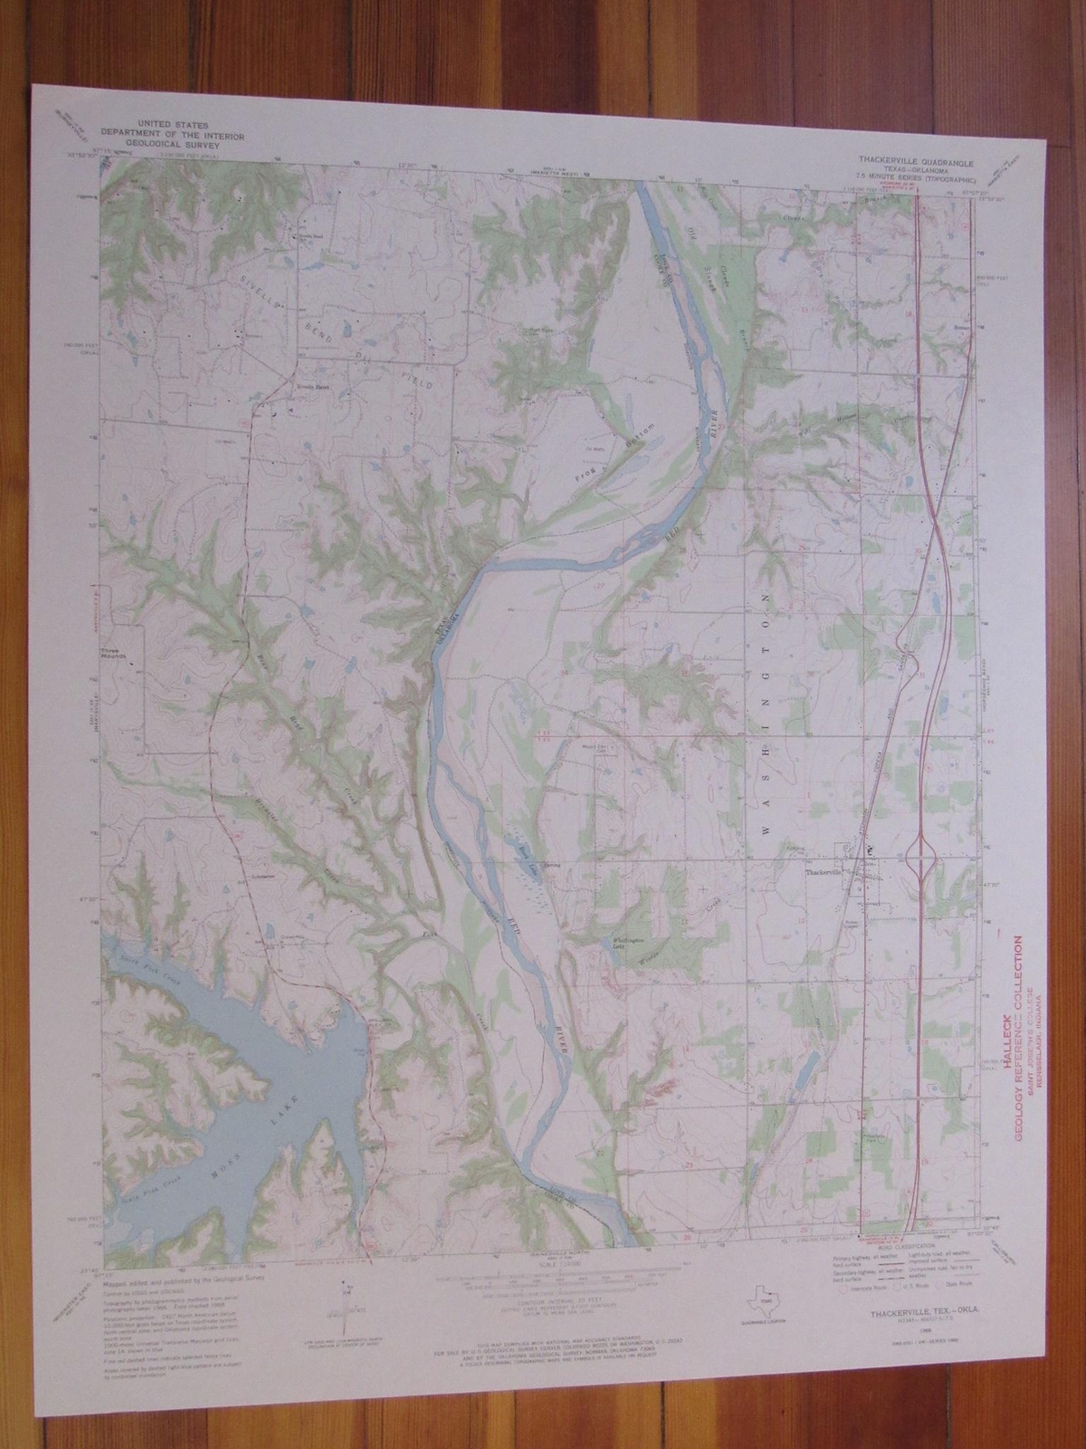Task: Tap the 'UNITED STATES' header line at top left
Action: tap(170, 121)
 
